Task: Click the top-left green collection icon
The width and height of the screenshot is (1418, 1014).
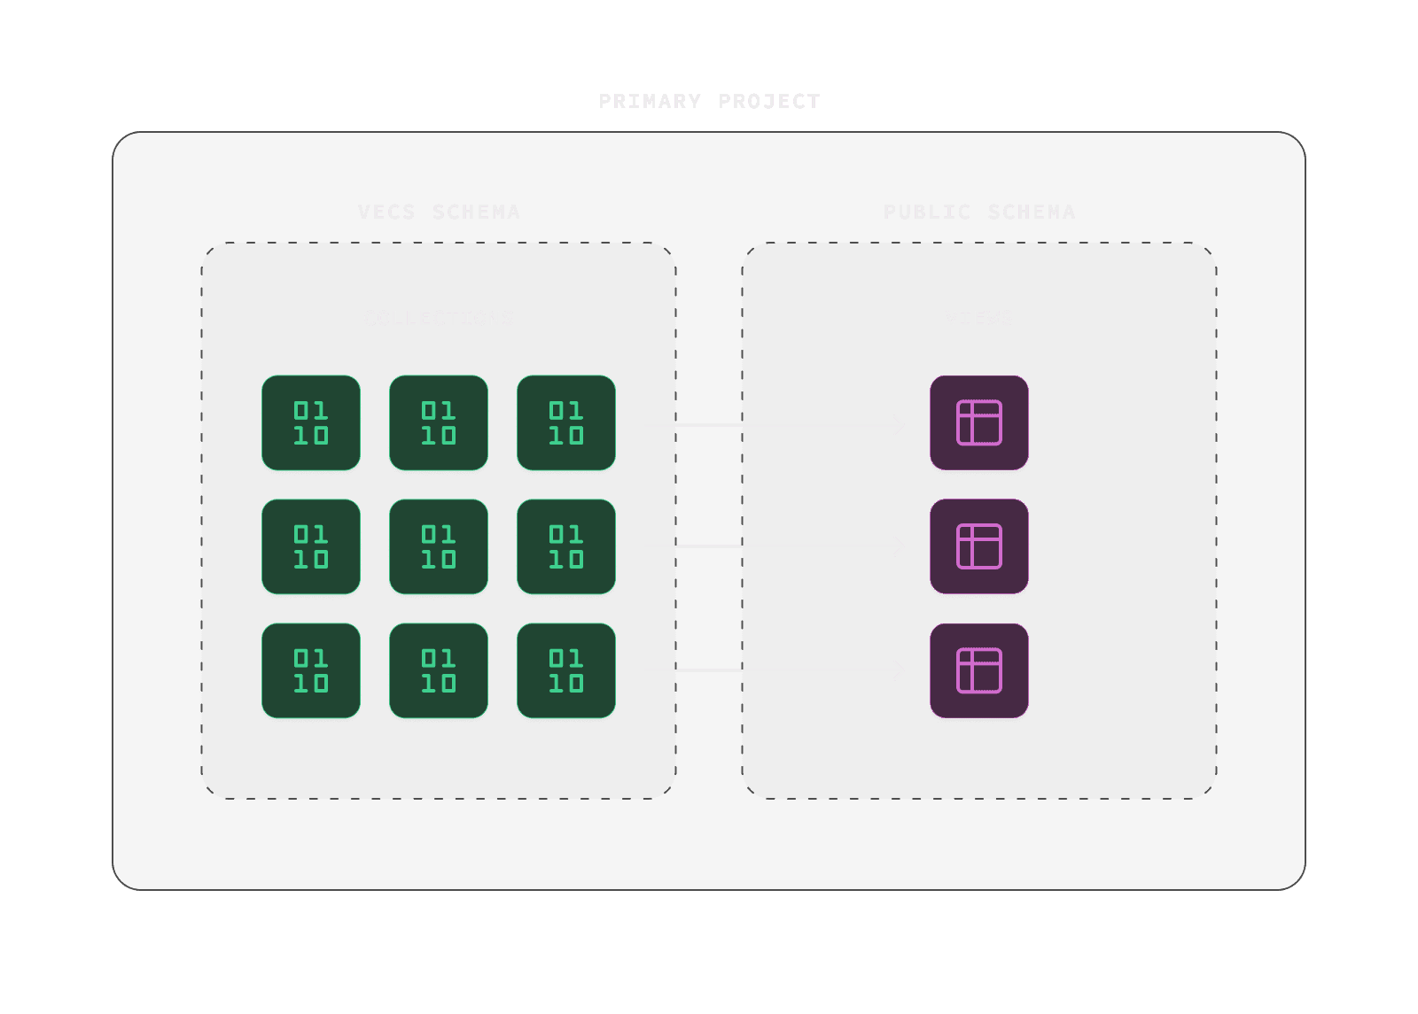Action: click(311, 423)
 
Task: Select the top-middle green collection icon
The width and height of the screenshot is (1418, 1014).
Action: click(439, 423)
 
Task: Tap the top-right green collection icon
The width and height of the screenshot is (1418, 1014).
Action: click(566, 423)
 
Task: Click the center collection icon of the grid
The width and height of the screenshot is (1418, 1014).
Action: click(439, 547)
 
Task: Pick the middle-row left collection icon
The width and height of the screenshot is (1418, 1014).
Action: click(311, 547)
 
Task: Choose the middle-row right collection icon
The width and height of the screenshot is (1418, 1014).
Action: click(566, 547)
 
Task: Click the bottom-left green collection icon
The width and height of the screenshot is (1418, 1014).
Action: click(311, 671)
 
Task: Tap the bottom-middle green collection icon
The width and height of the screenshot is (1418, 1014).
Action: click(439, 671)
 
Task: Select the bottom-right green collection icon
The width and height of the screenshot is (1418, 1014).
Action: click(566, 671)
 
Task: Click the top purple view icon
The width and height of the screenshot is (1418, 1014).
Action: click(979, 423)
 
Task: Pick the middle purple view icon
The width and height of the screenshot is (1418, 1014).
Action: click(979, 547)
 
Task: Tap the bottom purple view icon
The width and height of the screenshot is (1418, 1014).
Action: click(979, 671)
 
